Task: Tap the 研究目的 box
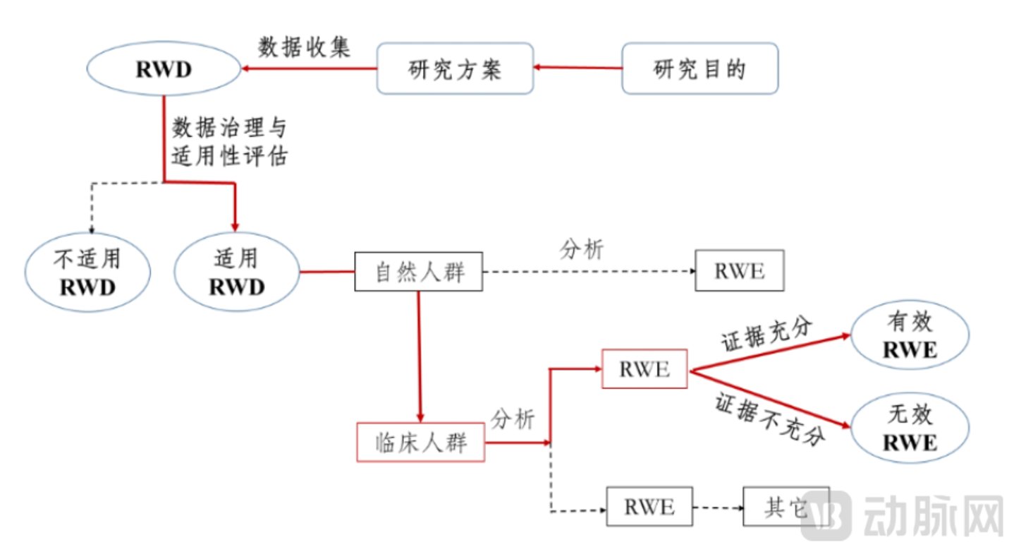[x=700, y=69]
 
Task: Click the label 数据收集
[x=305, y=47]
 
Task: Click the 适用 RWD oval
[x=237, y=272]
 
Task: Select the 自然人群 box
[x=419, y=271]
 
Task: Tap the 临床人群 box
[x=421, y=442]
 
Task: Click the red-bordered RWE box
[x=644, y=368]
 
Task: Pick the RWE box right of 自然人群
[x=739, y=270]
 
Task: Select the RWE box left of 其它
[x=649, y=506]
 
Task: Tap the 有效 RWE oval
[x=910, y=335]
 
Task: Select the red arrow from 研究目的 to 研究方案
[x=578, y=68]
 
